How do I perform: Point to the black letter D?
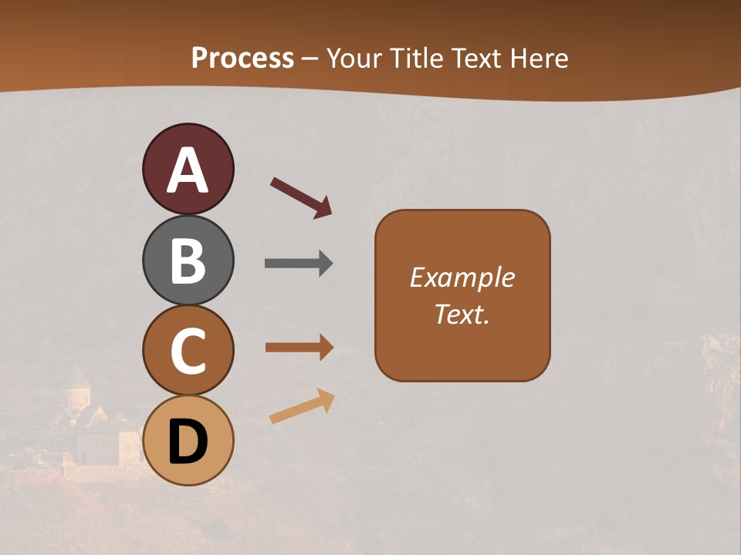tap(188, 442)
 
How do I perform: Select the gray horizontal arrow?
tap(298, 264)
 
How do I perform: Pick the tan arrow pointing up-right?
tap(302, 406)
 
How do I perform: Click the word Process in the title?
tap(242, 58)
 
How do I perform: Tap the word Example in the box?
tap(462, 277)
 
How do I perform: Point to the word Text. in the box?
tap(462, 314)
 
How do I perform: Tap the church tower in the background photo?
tap(76, 389)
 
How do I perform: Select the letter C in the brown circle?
tap(188, 351)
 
